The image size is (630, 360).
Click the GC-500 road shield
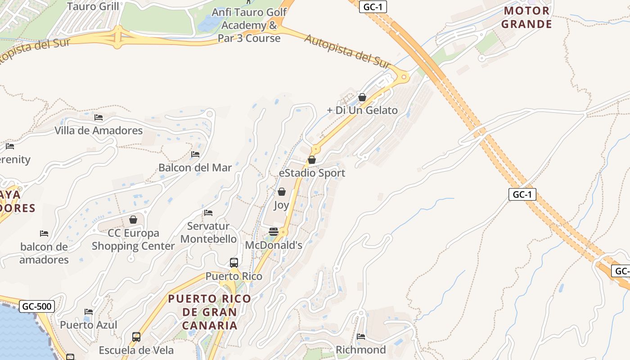[x=37, y=306]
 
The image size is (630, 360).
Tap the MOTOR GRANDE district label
[x=526, y=18]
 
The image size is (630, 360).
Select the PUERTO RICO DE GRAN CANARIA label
[x=210, y=312]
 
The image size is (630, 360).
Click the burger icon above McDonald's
[x=273, y=232]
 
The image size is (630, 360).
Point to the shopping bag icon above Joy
[x=282, y=192]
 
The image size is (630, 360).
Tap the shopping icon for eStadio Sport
[x=311, y=160]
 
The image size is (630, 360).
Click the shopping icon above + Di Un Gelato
[x=362, y=97]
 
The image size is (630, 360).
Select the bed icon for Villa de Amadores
[x=99, y=117]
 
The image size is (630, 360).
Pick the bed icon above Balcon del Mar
[x=195, y=154]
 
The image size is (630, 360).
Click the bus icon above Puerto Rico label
[x=234, y=262]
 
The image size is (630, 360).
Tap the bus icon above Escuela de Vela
[x=136, y=337]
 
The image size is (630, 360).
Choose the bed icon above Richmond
[x=361, y=336]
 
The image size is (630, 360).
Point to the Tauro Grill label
[x=93, y=6]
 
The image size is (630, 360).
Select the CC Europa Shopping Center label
[x=133, y=239]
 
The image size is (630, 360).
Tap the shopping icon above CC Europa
[x=133, y=220]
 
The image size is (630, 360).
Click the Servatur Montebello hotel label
[x=208, y=232]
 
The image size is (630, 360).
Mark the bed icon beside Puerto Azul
[x=89, y=312]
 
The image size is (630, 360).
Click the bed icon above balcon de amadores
[x=44, y=233]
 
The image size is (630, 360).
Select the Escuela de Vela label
[x=136, y=350]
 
